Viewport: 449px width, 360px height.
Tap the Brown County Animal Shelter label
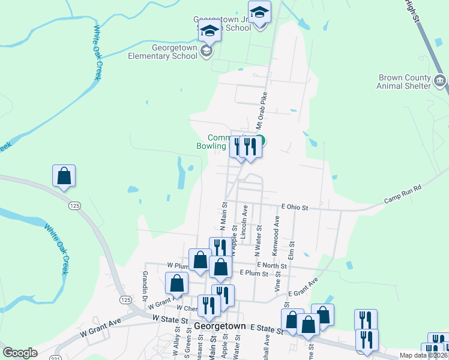(x=404, y=82)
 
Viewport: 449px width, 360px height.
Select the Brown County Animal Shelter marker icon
(x=440, y=80)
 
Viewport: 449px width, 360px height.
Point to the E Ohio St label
(x=294, y=208)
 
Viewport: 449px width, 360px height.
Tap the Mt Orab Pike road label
(x=261, y=112)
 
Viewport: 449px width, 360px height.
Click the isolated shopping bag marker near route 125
(x=64, y=176)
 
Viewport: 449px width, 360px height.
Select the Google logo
(x=20, y=353)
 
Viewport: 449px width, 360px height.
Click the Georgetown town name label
(x=220, y=326)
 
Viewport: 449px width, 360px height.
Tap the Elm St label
(x=292, y=248)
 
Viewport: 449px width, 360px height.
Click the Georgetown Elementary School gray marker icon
(x=206, y=51)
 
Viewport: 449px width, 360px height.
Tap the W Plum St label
(x=178, y=265)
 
